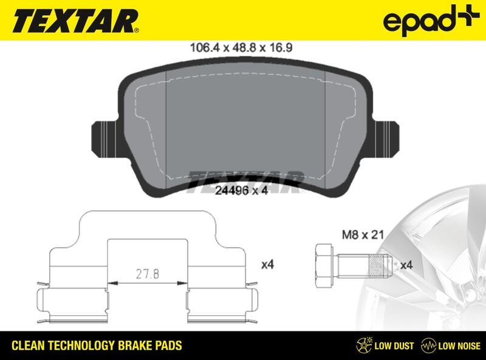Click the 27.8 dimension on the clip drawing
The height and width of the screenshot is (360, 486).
tap(146, 274)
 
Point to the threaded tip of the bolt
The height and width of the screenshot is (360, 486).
tap(380, 265)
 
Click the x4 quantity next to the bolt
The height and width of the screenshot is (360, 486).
tap(406, 265)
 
